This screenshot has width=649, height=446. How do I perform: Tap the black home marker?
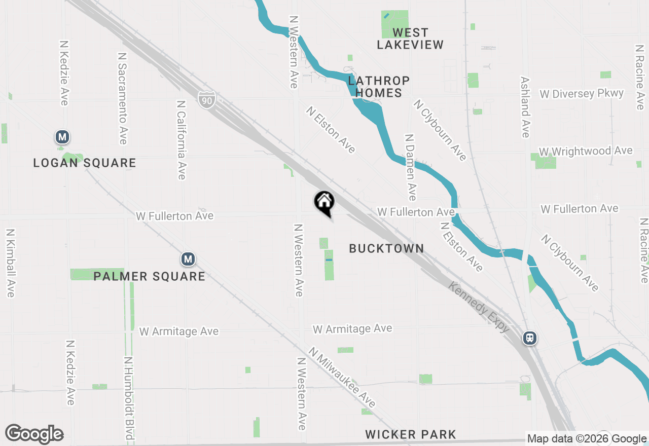[x=324, y=203]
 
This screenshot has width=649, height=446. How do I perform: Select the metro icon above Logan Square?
[x=62, y=137]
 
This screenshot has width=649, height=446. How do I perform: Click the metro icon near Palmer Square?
[x=188, y=259]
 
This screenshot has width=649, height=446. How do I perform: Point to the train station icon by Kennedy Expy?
[x=530, y=338]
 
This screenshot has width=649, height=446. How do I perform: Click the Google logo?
[x=34, y=434]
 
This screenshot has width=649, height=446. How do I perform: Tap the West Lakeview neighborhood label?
[x=410, y=39]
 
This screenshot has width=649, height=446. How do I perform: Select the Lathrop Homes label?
[x=379, y=87]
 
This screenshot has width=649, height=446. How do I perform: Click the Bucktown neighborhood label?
[x=386, y=248]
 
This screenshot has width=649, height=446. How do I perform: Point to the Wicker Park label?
[x=411, y=434]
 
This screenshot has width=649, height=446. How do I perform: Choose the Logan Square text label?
[x=85, y=163]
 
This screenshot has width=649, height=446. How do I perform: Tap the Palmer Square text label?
[x=150, y=276]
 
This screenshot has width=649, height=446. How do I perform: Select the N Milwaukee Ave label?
[x=343, y=377]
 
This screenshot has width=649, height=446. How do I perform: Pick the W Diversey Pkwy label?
[x=582, y=94]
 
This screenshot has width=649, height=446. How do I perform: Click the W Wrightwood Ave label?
[x=586, y=151]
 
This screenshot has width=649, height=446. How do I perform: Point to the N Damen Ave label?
[x=411, y=167]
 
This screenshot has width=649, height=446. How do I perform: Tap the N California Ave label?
[x=181, y=139]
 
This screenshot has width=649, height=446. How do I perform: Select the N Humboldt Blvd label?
[x=129, y=398]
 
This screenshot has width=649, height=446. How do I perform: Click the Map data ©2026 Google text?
[x=587, y=439]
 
